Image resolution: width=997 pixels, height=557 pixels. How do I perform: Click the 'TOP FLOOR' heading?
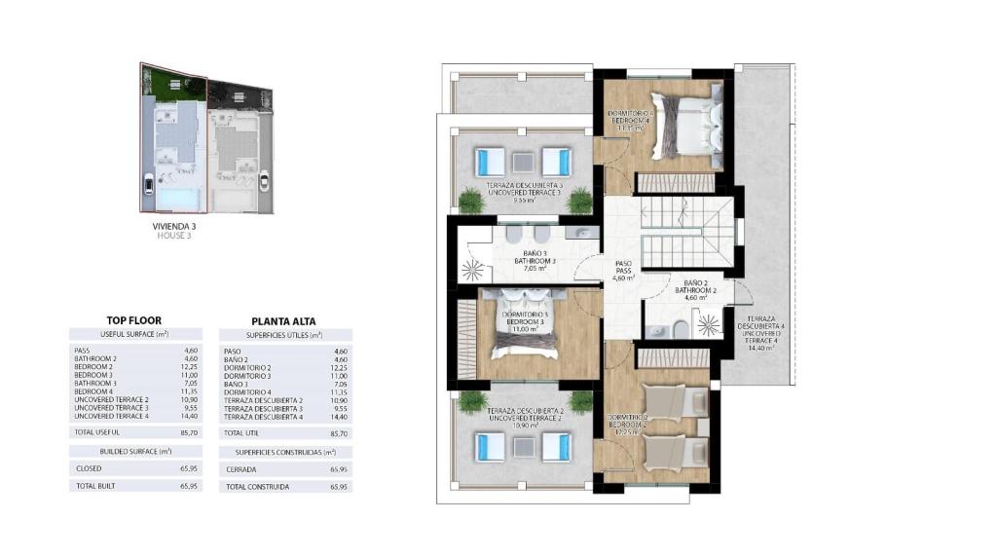tap(133, 319)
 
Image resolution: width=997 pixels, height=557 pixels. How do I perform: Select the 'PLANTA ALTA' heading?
tap(283, 320)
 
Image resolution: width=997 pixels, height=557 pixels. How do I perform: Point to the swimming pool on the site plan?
tap(176, 199)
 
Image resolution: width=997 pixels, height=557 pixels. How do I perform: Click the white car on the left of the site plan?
tap(148, 183)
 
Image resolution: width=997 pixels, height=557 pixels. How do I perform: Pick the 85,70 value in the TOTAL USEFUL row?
tap(190, 431)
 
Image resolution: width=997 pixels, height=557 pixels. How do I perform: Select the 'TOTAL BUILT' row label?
tap(93, 485)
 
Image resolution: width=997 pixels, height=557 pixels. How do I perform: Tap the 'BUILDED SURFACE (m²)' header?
tap(135, 451)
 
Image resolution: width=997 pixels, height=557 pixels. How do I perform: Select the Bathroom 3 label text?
tap(535, 261)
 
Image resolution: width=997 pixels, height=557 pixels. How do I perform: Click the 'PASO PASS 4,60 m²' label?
tap(623, 270)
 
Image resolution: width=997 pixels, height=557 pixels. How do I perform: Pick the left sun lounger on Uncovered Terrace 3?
tap(489, 161)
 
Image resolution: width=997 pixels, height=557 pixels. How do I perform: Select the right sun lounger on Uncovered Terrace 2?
tap(556, 447)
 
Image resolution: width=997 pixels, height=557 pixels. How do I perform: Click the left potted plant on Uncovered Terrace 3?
tap(470, 200)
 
